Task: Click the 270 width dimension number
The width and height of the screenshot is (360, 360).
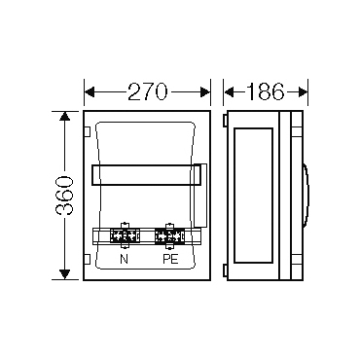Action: (x=148, y=91)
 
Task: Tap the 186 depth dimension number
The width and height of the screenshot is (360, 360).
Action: (x=266, y=91)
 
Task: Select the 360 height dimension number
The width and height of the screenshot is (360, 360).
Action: (x=64, y=196)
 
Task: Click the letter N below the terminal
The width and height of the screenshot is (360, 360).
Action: (x=124, y=259)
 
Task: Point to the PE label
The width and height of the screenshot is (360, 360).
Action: (x=170, y=259)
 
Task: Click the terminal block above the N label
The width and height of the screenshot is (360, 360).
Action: (x=125, y=236)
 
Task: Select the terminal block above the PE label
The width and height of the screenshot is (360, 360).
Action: (x=169, y=236)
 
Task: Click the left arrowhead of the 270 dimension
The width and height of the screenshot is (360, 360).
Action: (x=90, y=92)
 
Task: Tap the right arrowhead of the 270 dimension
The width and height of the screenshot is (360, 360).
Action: (x=205, y=92)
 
